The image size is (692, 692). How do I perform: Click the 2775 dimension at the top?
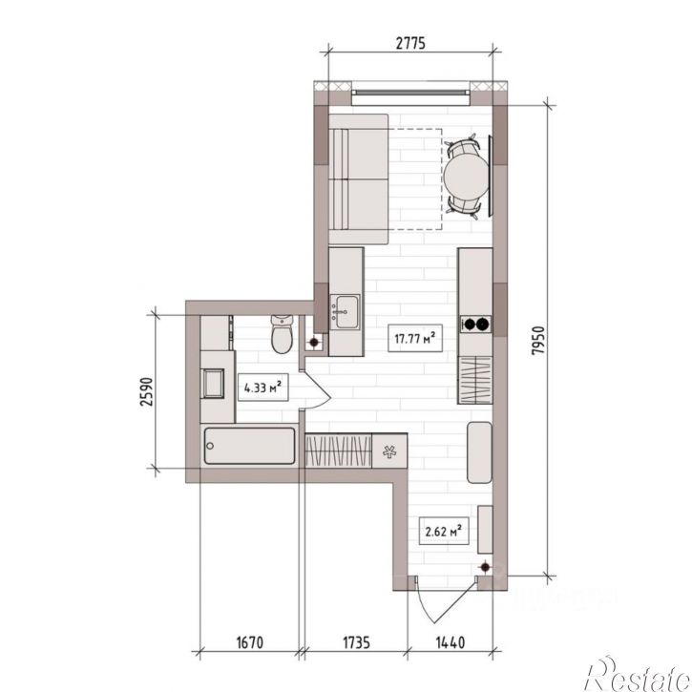pyautogui.click(x=410, y=43)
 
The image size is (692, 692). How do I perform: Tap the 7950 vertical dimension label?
pyautogui.click(x=539, y=341)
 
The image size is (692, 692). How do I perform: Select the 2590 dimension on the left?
pyautogui.click(x=146, y=391)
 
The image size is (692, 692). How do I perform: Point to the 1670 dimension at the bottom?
pyautogui.click(x=250, y=642)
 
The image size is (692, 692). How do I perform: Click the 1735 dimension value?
pyautogui.click(x=357, y=642)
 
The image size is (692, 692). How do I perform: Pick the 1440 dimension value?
pyautogui.click(x=451, y=642)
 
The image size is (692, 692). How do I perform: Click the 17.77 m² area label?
pyautogui.click(x=415, y=338)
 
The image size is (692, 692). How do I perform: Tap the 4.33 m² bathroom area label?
pyautogui.click(x=263, y=388)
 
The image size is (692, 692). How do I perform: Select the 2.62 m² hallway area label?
pyautogui.click(x=444, y=531)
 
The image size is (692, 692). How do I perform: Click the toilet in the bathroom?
pyautogui.click(x=282, y=334)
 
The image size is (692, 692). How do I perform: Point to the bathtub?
pyautogui.click(x=250, y=446)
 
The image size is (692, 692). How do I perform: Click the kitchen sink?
pyautogui.click(x=346, y=311)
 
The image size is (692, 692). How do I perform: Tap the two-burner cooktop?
pyautogui.click(x=476, y=325)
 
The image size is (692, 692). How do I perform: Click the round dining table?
pyautogui.click(x=466, y=177)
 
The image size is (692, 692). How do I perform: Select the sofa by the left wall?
pyautogui.click(x=358, y=179)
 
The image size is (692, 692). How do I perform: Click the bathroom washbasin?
pyautogui.click(x=212, y=383)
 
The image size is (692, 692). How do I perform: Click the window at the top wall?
pyautogui.click(x=410, y=93)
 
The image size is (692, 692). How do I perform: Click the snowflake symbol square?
pyautogui.click(x=389, y=451)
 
